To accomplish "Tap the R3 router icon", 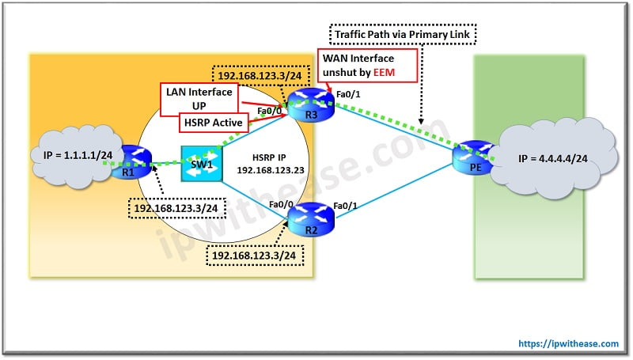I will (302, 102).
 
